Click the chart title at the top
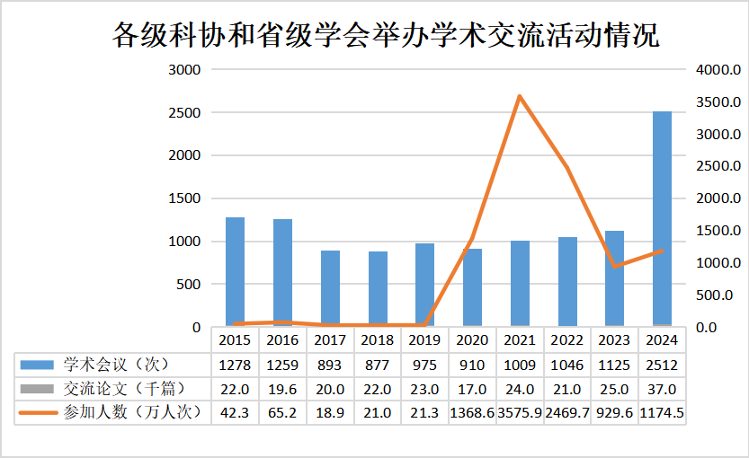coord(385,35)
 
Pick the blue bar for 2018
coord(378,288)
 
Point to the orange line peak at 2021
coord(520,96)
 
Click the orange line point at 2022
coord(566,167)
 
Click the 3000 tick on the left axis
coord(184,70)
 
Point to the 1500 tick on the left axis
coord(184,198)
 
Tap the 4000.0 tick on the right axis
coord(718,70)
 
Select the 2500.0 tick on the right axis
coord(718,166)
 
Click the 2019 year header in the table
coord(424,340)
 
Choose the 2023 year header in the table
coord(614,340)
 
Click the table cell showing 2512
coord(662,365)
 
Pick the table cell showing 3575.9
coord(520,412)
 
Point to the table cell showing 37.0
coord(662,388)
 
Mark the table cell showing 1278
coord(235,365)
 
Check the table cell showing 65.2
coord(282,412)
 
